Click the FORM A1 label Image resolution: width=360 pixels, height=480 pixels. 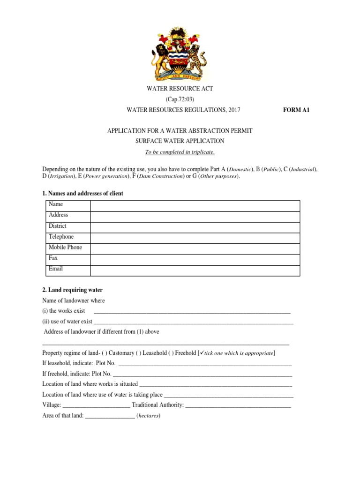(297, 110)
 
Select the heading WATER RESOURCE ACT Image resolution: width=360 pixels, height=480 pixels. (180, 89)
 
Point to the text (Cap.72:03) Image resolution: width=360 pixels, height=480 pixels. (180, 99)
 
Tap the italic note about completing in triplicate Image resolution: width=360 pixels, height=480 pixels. (180, 152)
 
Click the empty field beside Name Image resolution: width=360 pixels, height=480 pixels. (195, 206)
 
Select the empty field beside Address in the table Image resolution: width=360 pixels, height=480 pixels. (195, 216)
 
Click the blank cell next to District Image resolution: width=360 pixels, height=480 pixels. (195, 227)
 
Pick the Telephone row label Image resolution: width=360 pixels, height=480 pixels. (61, 237)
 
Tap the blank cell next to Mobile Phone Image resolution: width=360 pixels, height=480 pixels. (195, 248)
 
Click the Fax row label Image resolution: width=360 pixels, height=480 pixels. (53, 258)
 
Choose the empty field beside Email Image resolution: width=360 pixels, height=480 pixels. (195, 270)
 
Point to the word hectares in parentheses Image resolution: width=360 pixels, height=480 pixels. (148, 416)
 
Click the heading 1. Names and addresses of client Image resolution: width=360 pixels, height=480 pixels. (83, 194)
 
